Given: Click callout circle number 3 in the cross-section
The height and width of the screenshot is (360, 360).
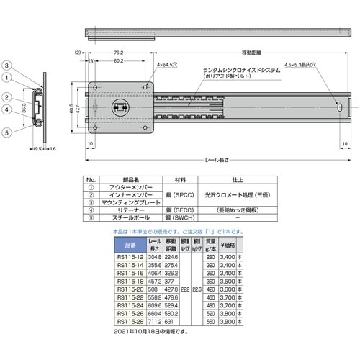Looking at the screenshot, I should pos(6,66).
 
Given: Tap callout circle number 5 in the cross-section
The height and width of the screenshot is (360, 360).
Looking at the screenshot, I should pos(6,132).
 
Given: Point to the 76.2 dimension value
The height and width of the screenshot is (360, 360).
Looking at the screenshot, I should pos(116,53).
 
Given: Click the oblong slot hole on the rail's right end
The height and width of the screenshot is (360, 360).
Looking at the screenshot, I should pos(338,106).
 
